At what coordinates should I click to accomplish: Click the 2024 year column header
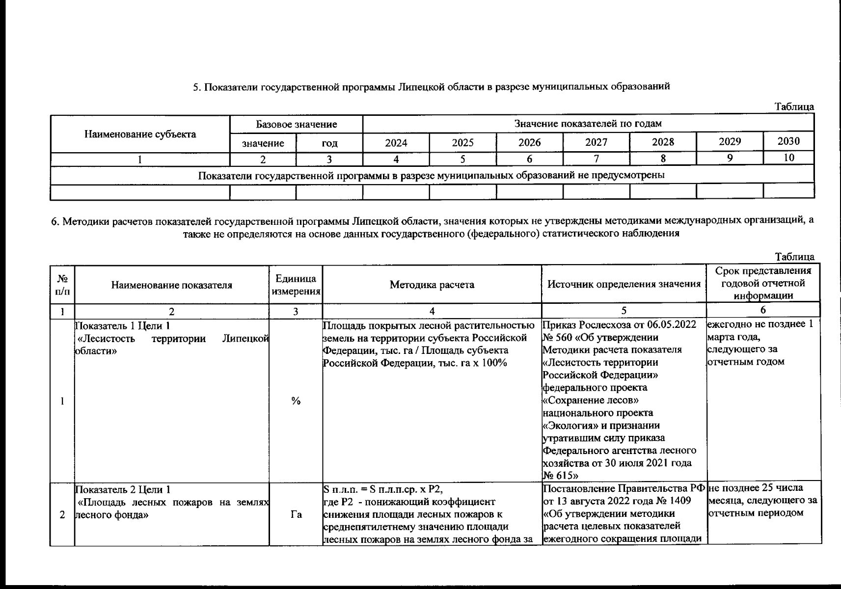click(396, 143)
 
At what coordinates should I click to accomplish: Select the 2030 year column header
click(788, 141)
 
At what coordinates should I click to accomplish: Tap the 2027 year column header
click(596, 142)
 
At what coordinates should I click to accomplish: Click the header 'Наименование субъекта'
click(140, 134)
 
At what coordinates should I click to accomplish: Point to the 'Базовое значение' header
click(297, 125)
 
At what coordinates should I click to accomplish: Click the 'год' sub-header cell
click(329, 144)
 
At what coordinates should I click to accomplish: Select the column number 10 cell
click(789, 158)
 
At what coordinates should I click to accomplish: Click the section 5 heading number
click(196, 87)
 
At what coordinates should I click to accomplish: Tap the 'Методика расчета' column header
click(432, 285)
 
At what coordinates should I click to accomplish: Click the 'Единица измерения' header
click(296, 285)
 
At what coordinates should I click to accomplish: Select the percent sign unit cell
click(296, 401)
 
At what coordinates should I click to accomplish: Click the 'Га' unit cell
click(296, 514)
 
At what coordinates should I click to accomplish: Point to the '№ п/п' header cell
click(62, 285)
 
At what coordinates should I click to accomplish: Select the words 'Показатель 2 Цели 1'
click(123, 489)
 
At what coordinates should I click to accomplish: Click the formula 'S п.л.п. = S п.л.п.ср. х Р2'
click(386, 489)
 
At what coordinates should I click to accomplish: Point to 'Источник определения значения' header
click(624, 284)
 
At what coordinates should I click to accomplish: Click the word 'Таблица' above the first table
click(794, 107)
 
